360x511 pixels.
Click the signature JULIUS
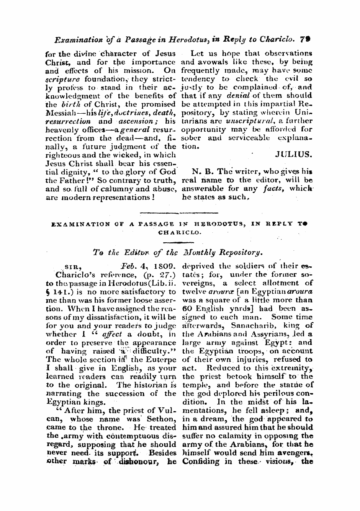click(294, 155)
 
